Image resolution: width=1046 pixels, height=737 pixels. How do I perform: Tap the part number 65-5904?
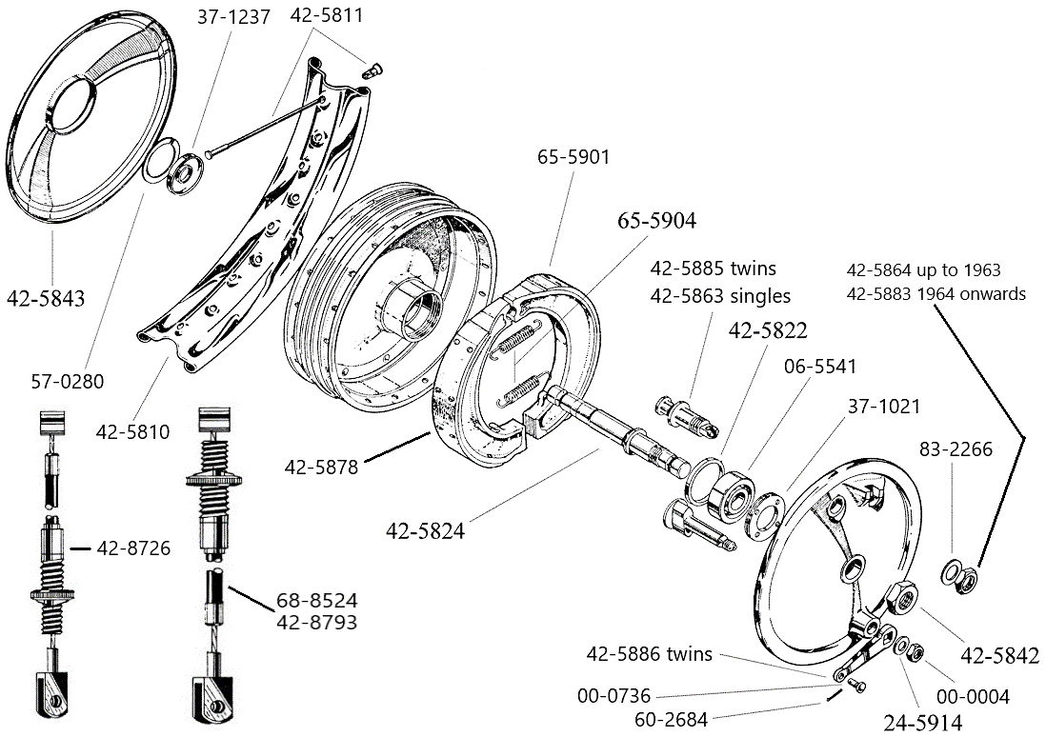point(656,221)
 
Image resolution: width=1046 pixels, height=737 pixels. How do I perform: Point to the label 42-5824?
point(425,531)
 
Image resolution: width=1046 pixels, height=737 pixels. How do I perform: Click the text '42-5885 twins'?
point(713,268)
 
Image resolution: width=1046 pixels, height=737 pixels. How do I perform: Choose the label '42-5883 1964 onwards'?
point(935,293)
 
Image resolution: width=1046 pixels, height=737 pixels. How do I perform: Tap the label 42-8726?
point(133,548)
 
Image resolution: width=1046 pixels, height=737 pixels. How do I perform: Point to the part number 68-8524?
point(317,601)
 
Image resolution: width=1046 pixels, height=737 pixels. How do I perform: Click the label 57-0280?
point(67,382)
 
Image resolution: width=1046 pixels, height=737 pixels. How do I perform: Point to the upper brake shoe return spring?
point(520,342)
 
